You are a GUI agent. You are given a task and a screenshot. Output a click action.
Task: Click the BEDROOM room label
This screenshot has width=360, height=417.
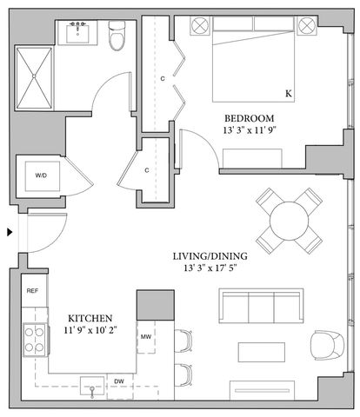pos(250,118)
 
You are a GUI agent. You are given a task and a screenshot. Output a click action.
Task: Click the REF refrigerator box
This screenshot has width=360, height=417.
pos(32,291)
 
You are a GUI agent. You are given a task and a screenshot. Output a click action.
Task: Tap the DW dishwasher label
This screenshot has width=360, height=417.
pos(119,381)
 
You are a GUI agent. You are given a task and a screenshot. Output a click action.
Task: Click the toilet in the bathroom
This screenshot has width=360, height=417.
pos(117,37)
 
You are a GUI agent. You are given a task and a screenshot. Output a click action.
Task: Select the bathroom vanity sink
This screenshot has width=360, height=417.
pos(76,34)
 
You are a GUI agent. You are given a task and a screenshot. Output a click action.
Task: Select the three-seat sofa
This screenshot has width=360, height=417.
pos(260,308)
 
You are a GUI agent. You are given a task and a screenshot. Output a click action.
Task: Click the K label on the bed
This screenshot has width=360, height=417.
pos(288,93)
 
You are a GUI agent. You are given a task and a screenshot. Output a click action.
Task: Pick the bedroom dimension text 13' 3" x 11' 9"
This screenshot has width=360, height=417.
pos(250,132)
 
